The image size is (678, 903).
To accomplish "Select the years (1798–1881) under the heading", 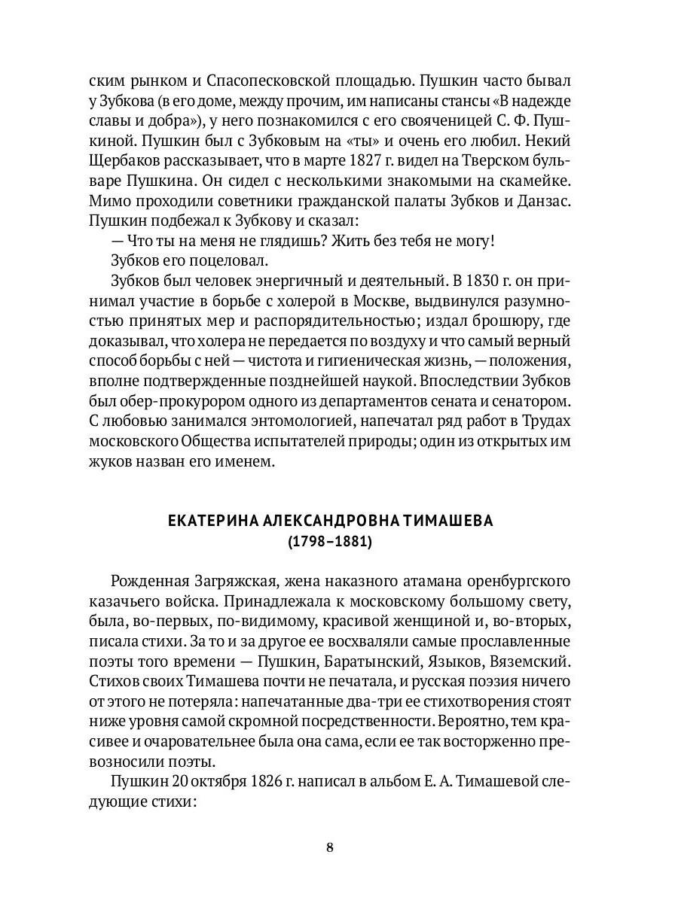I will tap(329, 542).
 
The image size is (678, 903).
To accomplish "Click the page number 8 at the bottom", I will tap(329, 847).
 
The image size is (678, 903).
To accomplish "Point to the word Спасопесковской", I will tap(238, 80).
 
